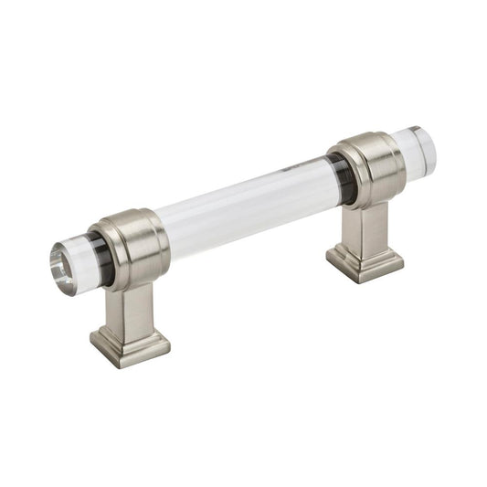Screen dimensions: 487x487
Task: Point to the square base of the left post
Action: coord(130,345)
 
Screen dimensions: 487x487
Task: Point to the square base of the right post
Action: coord(365,260)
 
